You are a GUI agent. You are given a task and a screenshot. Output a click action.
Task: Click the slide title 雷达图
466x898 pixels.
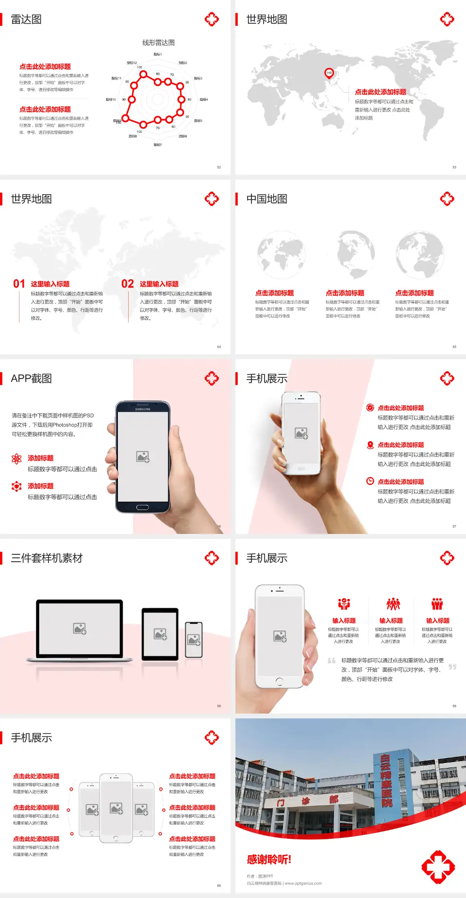(x=26, y=19)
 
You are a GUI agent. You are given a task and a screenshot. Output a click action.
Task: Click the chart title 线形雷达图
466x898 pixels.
(x=158, y=43)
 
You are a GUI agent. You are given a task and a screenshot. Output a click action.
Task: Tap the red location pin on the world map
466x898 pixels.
(x=329, y=73)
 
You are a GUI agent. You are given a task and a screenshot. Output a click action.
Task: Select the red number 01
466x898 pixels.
(x=19, y=284)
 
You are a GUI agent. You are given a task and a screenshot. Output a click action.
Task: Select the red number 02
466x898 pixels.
(x=128, y=284)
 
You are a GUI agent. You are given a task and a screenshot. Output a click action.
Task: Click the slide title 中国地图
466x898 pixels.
(x=266, y=199)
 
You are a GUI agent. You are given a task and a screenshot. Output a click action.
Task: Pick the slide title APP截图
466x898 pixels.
(x=31, y=379)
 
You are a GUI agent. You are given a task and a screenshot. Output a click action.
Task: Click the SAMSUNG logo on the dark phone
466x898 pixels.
(x=143, y=409)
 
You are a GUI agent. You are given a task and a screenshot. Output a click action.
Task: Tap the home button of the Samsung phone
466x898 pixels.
(x=142, y=507)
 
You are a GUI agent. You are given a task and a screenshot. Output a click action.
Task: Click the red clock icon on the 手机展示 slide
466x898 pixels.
(x=370, y=481)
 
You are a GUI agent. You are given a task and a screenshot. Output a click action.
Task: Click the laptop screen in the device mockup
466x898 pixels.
(x=80, y=629)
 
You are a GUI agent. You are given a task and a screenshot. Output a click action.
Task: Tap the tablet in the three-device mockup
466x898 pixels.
(x=160, y=634)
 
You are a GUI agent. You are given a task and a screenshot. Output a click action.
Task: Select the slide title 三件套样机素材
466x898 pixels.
(x=47, y=558)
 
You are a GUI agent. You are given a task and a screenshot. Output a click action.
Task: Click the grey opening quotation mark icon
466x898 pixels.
(x=332, y=661)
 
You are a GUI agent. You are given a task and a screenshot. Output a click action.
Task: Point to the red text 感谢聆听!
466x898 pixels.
(x=269, y=860)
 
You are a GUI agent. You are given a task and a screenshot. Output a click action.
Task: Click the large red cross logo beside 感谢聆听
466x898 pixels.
(x=438, y=867)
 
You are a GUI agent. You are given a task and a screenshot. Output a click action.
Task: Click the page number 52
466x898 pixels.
(x=219, y=167)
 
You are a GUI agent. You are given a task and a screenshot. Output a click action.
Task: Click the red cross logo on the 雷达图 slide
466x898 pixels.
(x=212, y=19)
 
